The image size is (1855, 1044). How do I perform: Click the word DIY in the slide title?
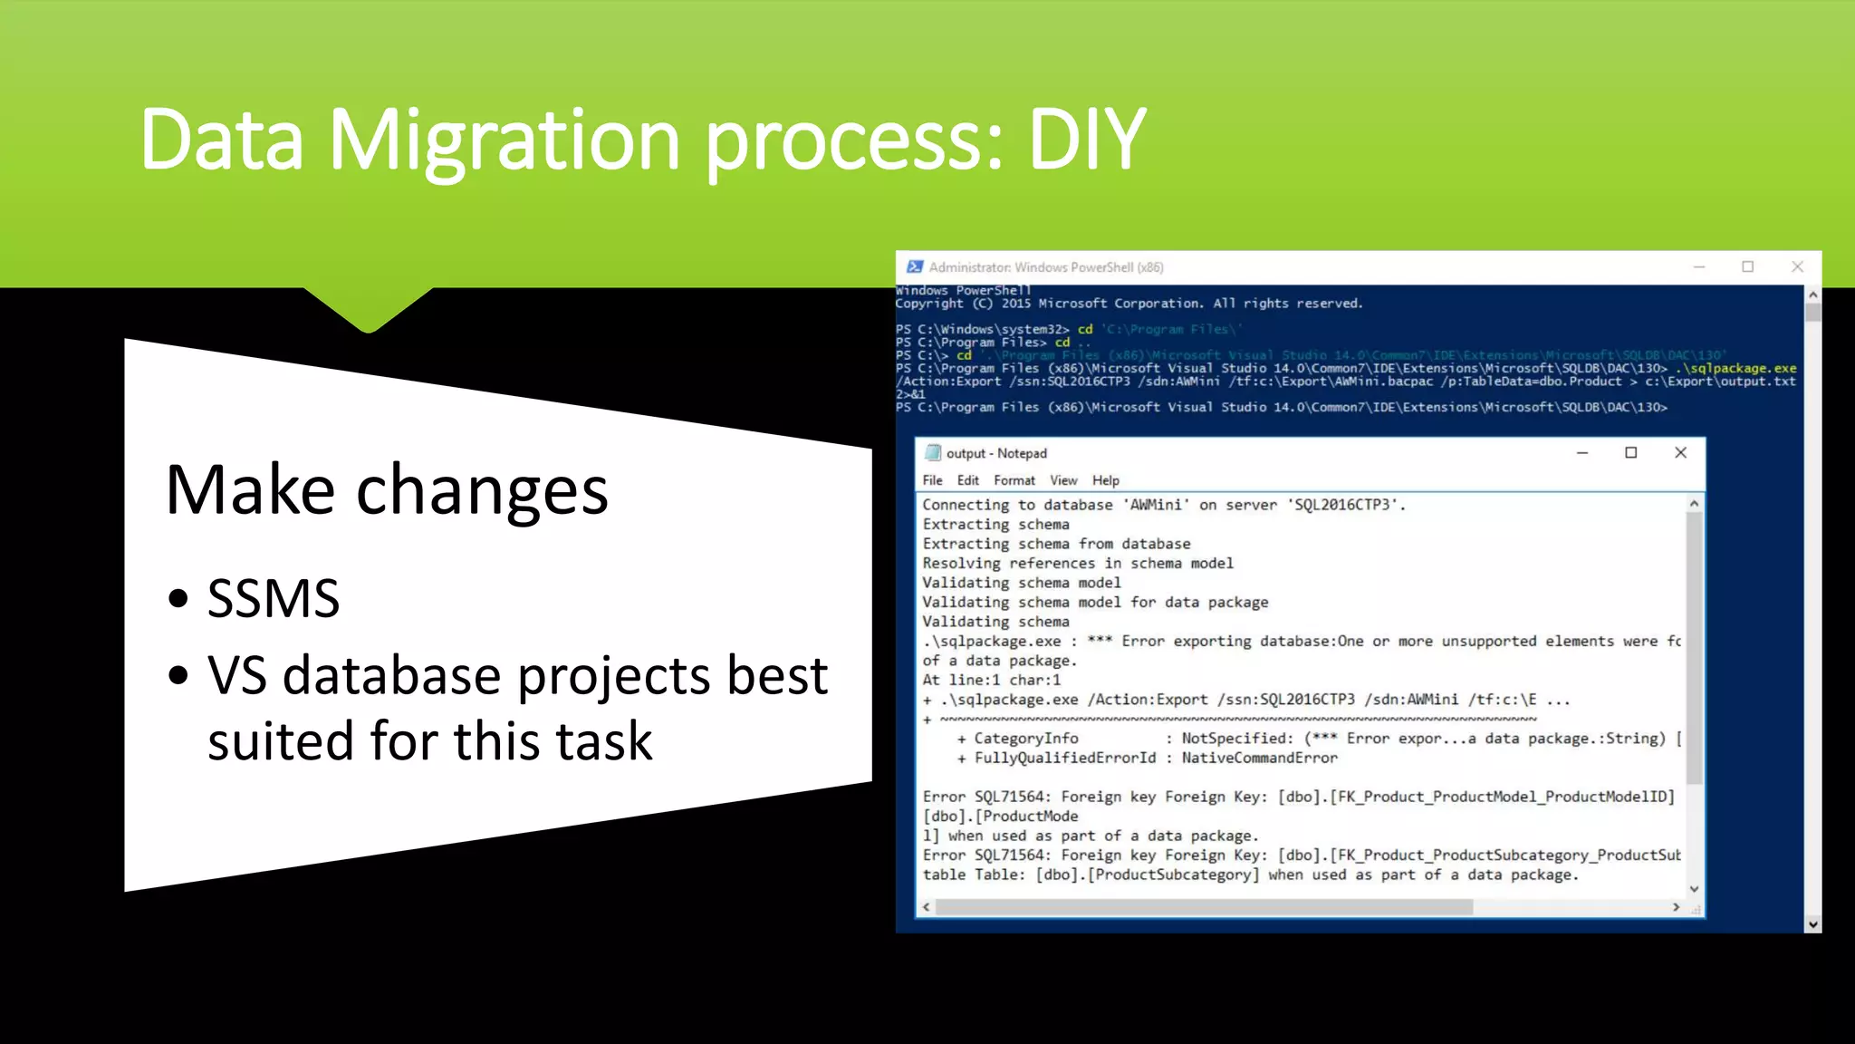click(x=1087, y=140)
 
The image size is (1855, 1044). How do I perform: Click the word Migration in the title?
click(x=504, y=140)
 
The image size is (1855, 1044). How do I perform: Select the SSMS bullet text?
click(x=274, y=598)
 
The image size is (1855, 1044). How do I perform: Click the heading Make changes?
click(x=387, y=490)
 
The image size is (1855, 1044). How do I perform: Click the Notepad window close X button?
click(x=1680, y=452)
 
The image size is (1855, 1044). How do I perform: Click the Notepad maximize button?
click(x=1630, y=452)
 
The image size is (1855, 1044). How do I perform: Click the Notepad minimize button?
click(x=1581, y=452)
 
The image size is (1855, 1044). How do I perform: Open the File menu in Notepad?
click(x=932, y=480)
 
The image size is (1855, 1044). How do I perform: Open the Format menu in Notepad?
click(x=1014, y=480)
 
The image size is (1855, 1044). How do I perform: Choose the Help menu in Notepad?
click(x=1105, y=480)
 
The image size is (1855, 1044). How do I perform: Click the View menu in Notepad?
click(x=1063, y=480)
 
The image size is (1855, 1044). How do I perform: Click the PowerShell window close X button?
click(x=1797, y=266)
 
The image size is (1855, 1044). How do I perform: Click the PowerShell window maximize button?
click(x=1747, y=266)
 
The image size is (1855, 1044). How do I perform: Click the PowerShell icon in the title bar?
click(x=915, y=266)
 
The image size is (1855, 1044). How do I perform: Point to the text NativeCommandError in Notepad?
click(x=1259, y=758)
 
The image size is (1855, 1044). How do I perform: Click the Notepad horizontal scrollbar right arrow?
click(x=1676, y=906)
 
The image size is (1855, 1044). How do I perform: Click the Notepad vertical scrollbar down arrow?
click(x=1694, y=889)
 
